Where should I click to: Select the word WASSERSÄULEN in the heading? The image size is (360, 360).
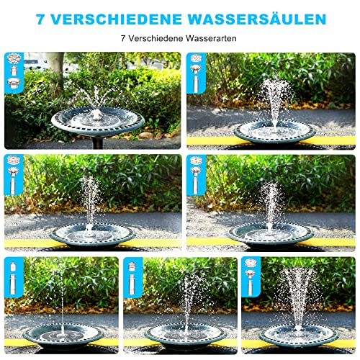(257, 19)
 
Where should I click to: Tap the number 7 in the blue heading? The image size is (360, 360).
(41, 19)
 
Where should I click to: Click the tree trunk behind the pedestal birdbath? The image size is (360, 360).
(55, 71)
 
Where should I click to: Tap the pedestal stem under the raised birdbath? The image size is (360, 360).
(97, 143)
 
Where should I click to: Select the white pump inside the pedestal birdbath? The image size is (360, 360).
(96, 115)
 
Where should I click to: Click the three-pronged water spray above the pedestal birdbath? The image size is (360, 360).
(96, 96)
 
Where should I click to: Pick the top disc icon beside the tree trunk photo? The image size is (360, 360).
(14, 58)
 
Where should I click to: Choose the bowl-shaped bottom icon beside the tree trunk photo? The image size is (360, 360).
(14, 83)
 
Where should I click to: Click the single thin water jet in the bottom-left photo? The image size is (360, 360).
(62, 301)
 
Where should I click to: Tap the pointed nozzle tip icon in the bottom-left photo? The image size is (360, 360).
(14, 266)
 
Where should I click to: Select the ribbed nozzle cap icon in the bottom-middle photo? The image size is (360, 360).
(132, 267)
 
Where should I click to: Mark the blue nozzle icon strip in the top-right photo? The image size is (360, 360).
(196, 73)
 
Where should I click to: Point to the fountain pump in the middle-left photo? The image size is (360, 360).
(90, 230)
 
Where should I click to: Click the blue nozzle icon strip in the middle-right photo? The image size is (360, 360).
(196, 175)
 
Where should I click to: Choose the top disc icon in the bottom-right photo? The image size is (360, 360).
(250, 262)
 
